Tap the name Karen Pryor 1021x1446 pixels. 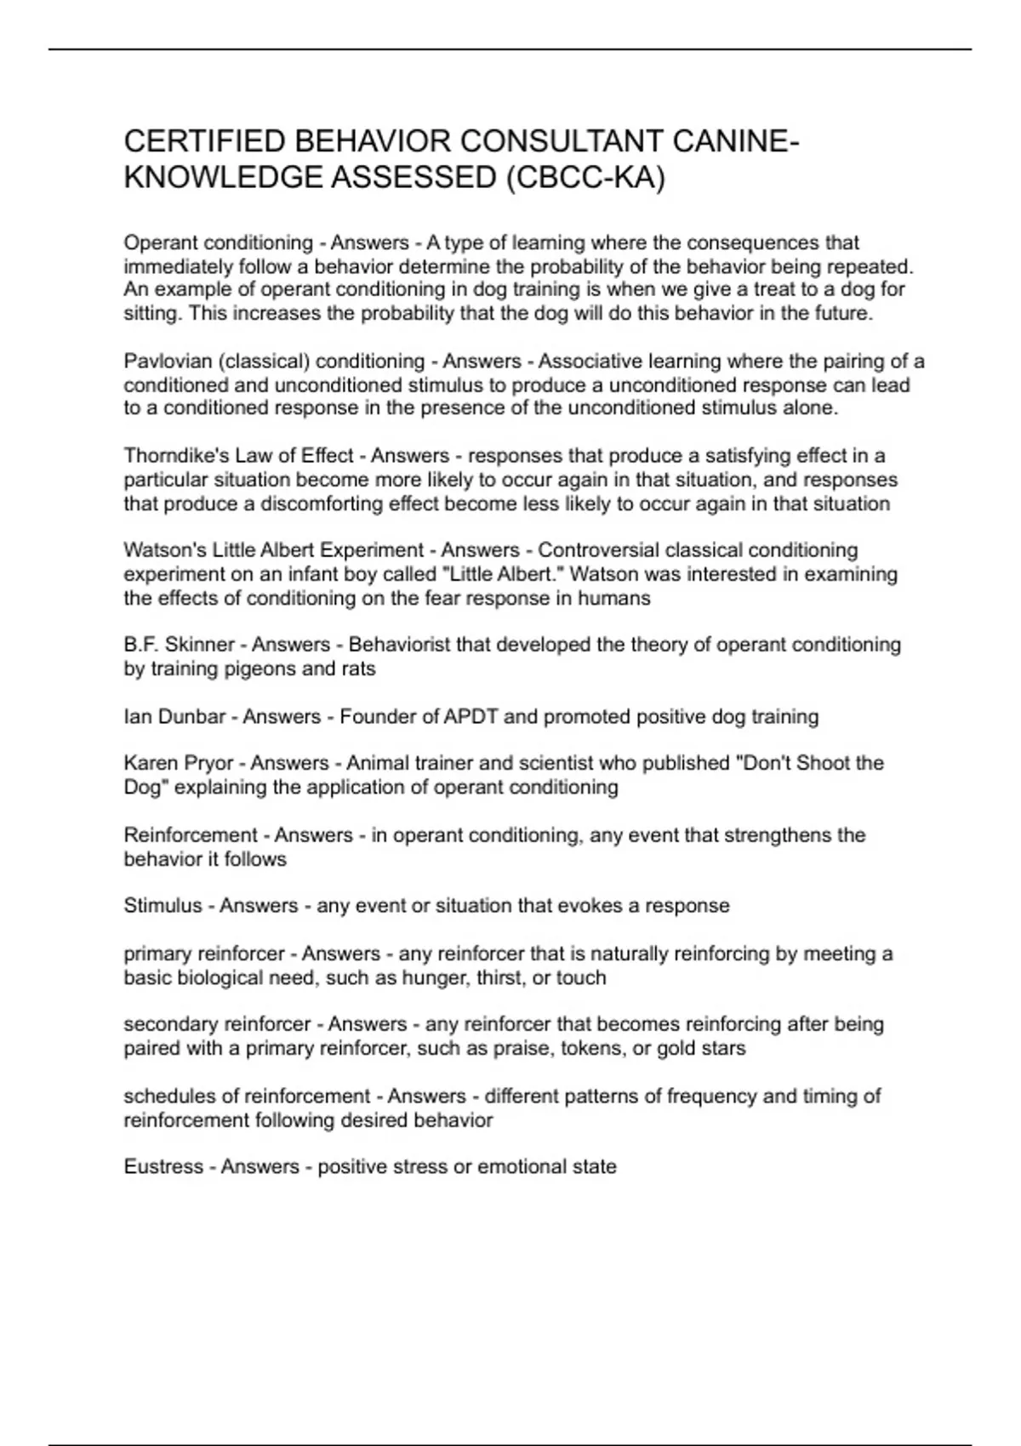(178, 763)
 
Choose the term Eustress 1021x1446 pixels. (163, 1167)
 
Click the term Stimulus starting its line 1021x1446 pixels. (163, 906)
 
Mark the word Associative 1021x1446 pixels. (586, 361)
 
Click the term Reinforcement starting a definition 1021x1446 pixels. (191, 835)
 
